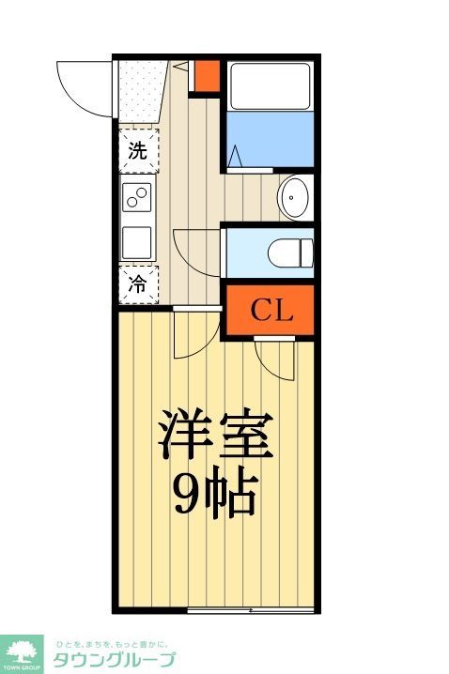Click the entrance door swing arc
pos(85,84)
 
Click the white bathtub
pos(269,85)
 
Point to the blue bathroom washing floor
pos(269,140)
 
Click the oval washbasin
pos(296,198)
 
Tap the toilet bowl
pos(288,251)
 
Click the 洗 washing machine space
pos(138,151)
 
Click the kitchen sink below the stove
pos(138,241)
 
